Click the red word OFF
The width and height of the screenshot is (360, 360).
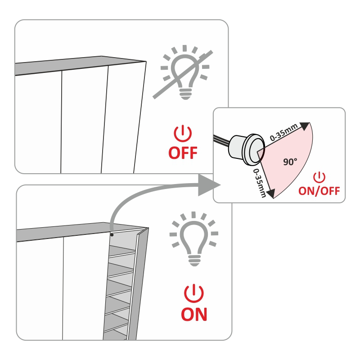point(183,153)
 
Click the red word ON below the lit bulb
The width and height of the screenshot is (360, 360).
point(194,314)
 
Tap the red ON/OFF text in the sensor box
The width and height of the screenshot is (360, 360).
point(319,191)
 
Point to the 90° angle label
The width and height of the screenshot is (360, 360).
point(290,162)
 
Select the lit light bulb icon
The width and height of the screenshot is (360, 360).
point(194,239)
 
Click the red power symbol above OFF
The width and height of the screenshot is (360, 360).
point(183,133)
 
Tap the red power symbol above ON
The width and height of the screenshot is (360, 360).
point(194,293)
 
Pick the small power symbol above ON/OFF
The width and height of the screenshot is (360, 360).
point(319,177)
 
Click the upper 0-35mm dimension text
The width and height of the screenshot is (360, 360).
point(284,132)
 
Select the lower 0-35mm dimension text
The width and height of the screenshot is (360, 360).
point(260,183)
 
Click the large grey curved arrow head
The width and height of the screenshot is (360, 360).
point(208,185)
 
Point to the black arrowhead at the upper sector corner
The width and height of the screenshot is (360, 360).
point(305,126)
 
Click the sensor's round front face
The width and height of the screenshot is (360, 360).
point(257,149)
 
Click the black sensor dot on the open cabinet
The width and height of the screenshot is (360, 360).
point(112,235)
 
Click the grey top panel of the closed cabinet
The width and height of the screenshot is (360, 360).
point(81,65)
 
